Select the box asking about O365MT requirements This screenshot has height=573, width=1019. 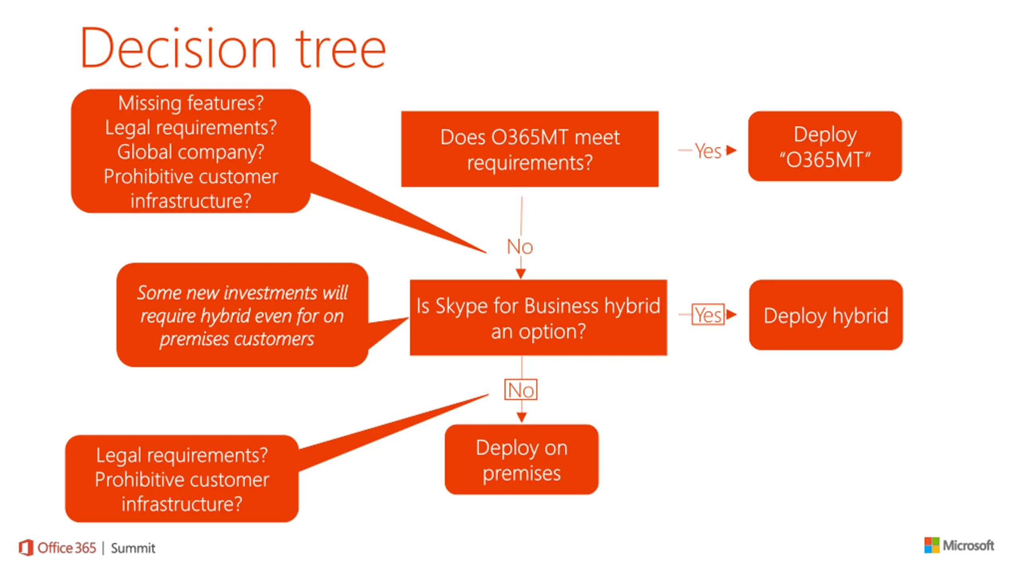[529, 149]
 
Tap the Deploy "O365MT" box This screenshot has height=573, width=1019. [825, 146]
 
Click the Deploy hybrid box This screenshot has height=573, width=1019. [826, 315]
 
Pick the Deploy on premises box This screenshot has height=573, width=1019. [521, 460]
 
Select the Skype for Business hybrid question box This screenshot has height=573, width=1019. [538, 318]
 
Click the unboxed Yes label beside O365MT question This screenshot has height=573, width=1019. [708, 151]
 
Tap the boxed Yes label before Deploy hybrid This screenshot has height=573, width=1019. [708, 315]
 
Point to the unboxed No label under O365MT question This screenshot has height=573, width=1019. [520, 247]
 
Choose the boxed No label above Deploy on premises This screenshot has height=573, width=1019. [521, 390]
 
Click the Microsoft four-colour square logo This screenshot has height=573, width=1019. [931, 545]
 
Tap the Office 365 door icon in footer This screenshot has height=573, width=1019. [26, 548]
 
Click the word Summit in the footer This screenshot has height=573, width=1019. [133, 548]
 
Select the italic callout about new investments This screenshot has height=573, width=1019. [242, 315]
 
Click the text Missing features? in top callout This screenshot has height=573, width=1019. [191, 103]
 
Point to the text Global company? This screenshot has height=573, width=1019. [191, 152]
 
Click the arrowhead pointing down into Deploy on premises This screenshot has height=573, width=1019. [521, 417]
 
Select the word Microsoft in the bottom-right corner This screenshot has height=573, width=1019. [968, 545]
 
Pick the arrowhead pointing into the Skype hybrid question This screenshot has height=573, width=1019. [521, 274]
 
